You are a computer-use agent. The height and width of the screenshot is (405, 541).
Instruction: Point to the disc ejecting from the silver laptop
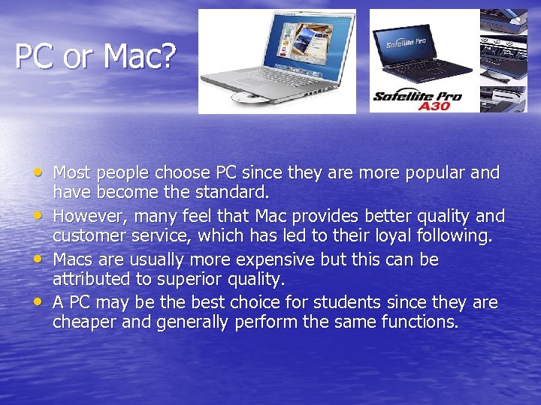click(x=247, y=97)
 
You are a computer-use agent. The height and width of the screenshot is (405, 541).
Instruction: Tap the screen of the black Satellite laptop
click(x=410, y=44)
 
